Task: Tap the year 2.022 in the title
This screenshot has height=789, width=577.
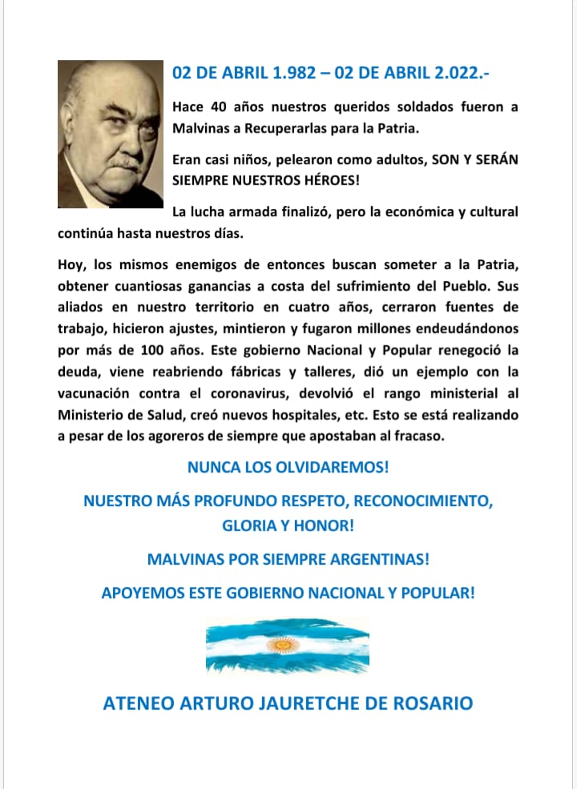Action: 456,74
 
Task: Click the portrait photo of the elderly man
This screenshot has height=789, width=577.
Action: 111,134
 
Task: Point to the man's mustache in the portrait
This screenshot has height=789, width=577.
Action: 123,161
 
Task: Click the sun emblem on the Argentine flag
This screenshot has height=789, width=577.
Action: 281,644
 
